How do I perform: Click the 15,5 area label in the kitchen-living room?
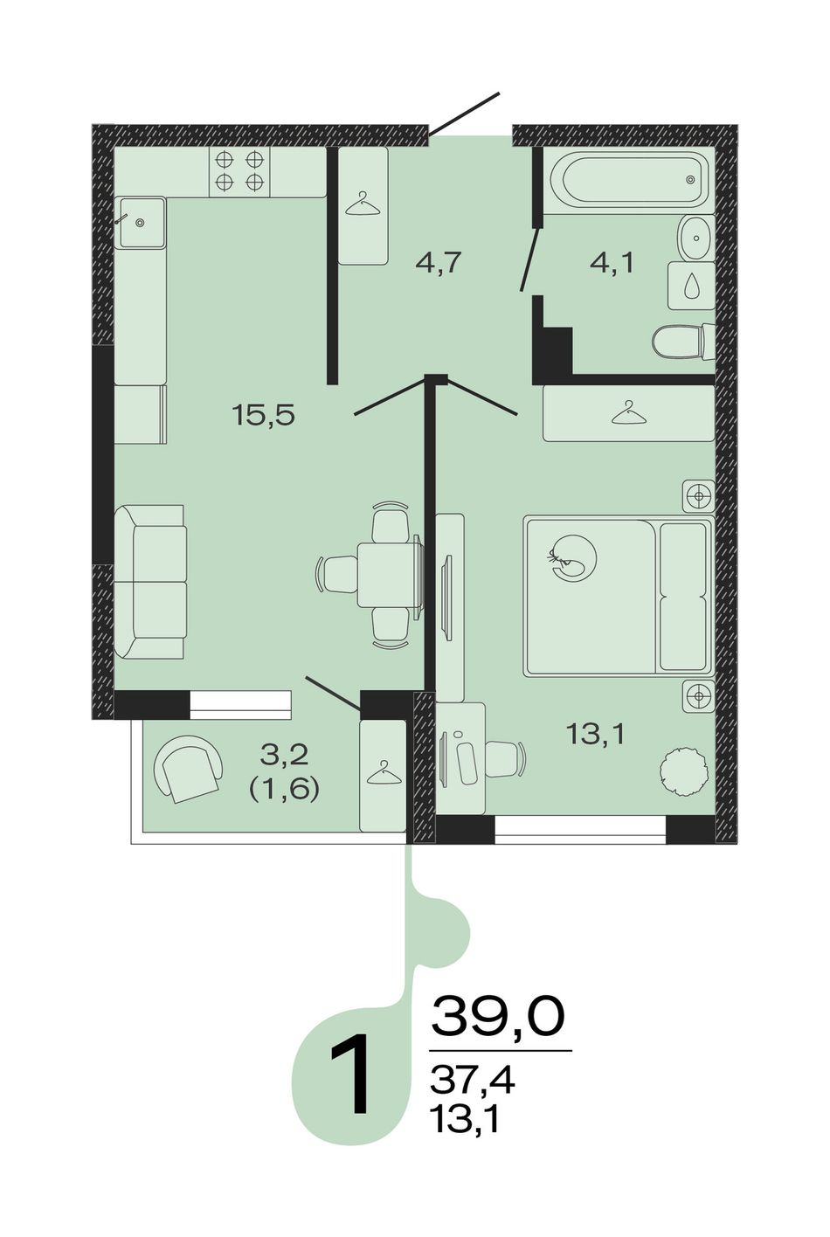click(264, 414)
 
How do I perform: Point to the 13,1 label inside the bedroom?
click(595, 734)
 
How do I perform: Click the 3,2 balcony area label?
click(284, 754)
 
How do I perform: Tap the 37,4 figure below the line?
click(472, 1081)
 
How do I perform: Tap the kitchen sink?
click(140, 223)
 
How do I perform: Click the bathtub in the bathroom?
click(628, 180)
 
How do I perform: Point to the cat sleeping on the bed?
click(572, 557)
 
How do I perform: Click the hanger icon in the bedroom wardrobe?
click(629, 412)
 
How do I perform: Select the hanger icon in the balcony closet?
click(383, 771)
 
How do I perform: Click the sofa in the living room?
click(150, 582)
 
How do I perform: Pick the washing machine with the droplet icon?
click(691, 286)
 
